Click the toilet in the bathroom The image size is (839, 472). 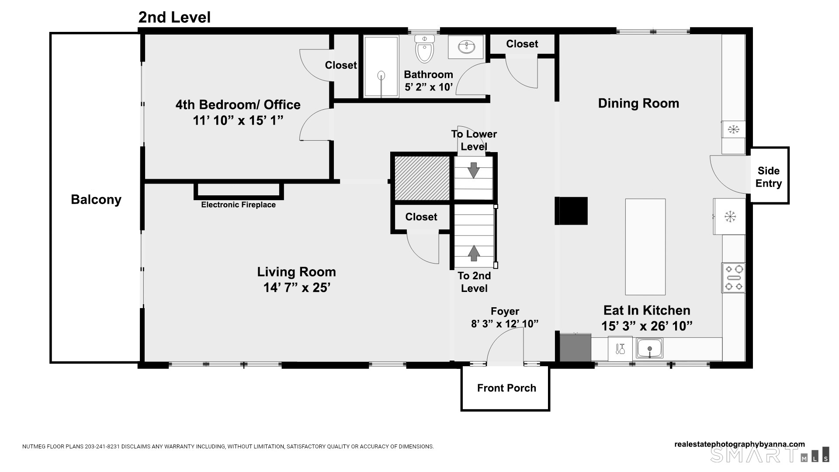[425, 48]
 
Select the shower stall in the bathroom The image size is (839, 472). [381, 66]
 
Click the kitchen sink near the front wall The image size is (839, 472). [650, 348]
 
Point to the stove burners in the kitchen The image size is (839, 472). [733, 278]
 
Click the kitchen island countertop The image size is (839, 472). [645, 247]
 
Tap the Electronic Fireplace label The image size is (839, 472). [239, 205]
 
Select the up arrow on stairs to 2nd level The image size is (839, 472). [474, 253]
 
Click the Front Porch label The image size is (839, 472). [506, 388]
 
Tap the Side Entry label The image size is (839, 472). [769, 177]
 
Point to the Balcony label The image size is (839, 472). [96, 200]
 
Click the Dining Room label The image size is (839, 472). [638, 104]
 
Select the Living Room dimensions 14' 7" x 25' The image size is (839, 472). [297, 288]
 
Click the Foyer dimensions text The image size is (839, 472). [505, 324]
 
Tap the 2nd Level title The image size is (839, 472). [174, 17]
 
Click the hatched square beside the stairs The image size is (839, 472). [422, 178]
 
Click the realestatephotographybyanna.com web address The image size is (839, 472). [739, 444]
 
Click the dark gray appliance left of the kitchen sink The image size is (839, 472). [576, 348]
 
